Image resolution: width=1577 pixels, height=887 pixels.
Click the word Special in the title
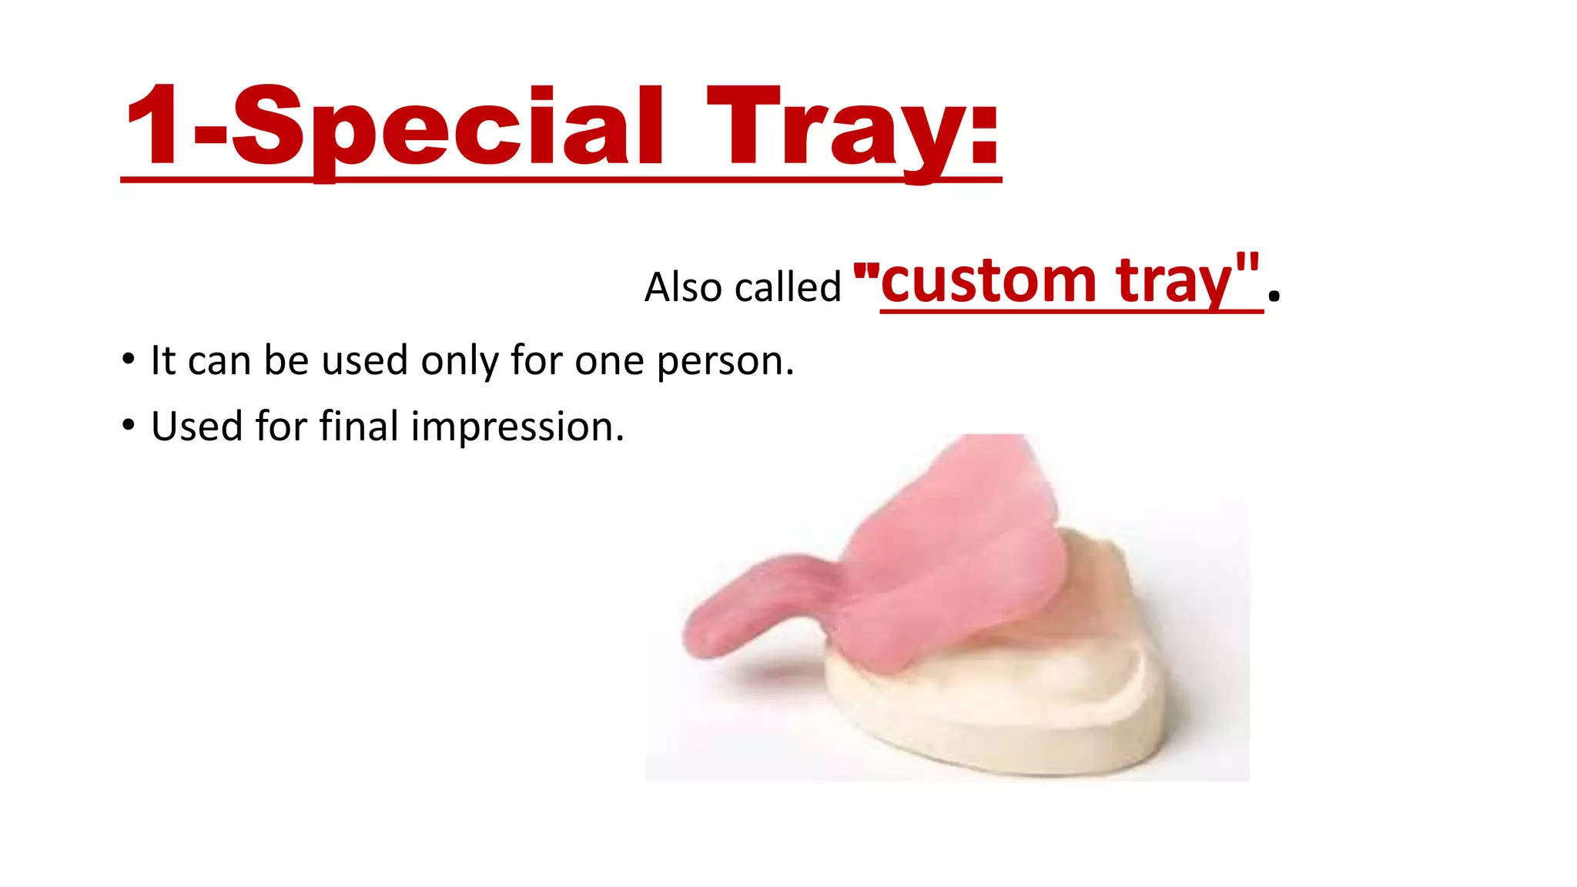[x=447, y=127]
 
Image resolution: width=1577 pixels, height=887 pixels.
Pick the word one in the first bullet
[x=609, y=361]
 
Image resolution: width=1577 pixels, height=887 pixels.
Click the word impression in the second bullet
[x=517, y=427]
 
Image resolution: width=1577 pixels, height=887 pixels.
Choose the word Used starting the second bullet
[x=196, y=426]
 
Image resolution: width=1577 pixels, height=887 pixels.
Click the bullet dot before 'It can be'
[x=128, y=360]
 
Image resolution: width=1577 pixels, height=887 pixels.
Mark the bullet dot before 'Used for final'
[x=128, y=425]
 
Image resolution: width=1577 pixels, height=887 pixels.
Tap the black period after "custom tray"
[x=1274, y=295]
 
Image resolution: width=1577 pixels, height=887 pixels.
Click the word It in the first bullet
[x=162, y=360]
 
